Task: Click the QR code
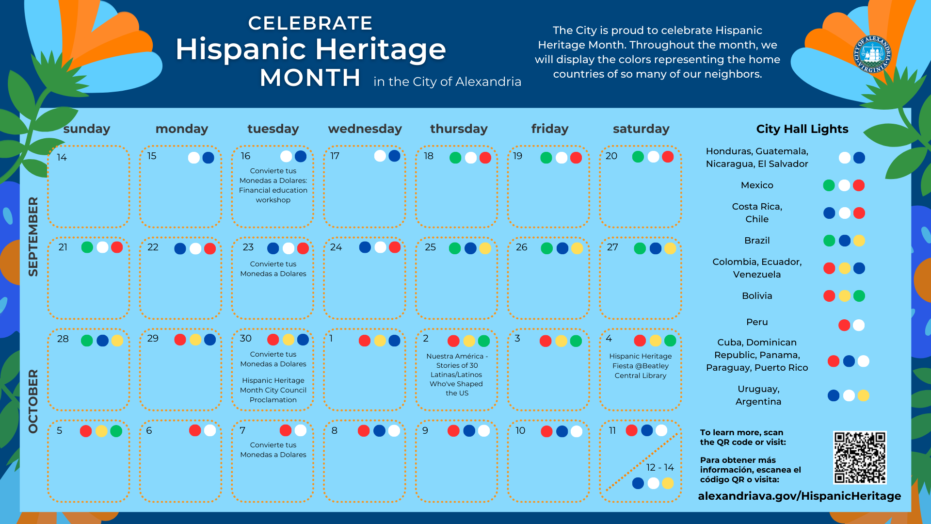[x=860, y=458]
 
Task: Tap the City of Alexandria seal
[x=872, y=54]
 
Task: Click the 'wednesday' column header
[x=365, y=129]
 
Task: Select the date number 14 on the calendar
[x=62, y=157]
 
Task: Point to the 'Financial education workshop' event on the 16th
[x=273, y=185]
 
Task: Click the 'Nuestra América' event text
[x=457, y=374]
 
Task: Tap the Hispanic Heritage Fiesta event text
[x=640, y=366]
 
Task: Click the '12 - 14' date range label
[x=660, y=467]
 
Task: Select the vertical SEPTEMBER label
[x=33, y=236]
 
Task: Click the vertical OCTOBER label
[x=33, y=401]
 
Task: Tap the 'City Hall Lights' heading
[x=802, y=129]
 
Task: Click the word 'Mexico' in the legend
[x=757, y=185]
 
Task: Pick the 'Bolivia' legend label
[x=757, y=296]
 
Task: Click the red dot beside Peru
[x=844, y=325]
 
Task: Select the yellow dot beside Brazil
[x=859, y=241]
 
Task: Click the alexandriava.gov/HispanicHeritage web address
[x=799, y=496]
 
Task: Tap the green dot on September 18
[x=455, y=158]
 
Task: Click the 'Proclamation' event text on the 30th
[x=273, y=400]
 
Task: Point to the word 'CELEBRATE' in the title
[x=310, y=23]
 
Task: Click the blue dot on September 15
[x=209, y=158]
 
